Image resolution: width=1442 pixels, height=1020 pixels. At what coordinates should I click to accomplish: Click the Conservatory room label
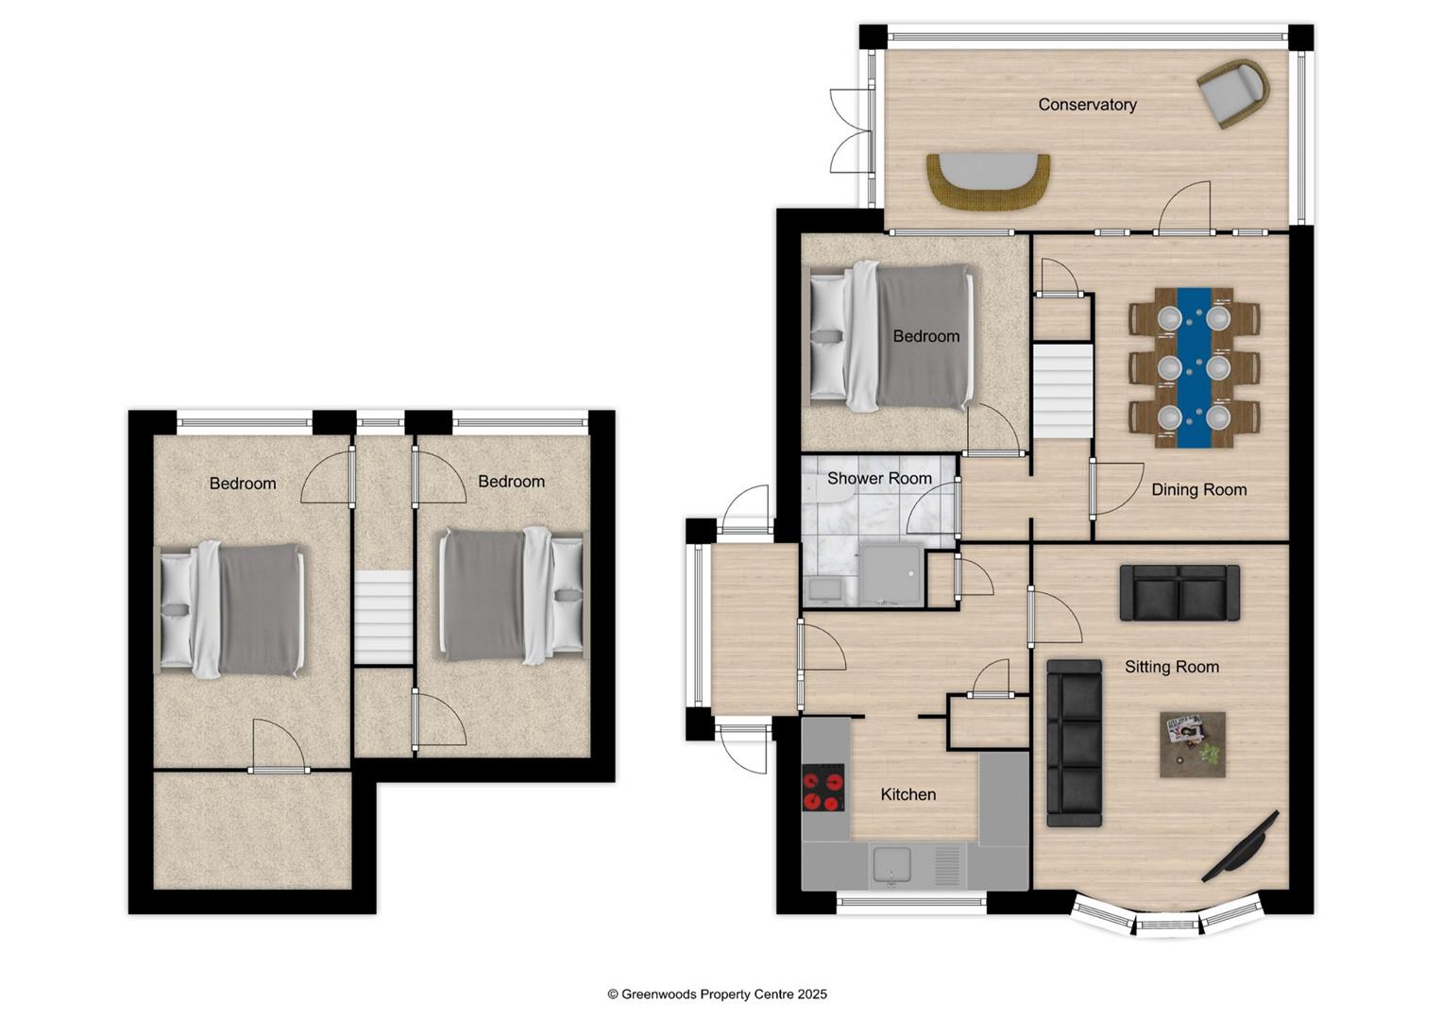coord(1087,105)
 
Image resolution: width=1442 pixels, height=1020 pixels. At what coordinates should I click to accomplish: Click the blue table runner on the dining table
coord(1191,367)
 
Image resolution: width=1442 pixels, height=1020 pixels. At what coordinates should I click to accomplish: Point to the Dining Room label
coord(1198,489)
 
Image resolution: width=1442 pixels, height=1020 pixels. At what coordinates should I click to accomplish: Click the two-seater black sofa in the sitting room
coord(1179,593)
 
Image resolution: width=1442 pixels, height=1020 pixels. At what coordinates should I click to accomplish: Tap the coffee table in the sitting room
coord(1193,744)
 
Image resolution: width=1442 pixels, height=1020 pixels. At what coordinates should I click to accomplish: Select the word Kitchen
coord(908,794)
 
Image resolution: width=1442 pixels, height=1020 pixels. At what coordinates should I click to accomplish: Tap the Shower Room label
coord(879,479)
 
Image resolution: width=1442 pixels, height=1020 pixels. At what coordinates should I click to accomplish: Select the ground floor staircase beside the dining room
coord(1061,391)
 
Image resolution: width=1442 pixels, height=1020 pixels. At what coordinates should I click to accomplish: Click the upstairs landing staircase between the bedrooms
coord(383,618)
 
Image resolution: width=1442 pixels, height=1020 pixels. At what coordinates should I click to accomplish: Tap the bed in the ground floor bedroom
coord(891,337)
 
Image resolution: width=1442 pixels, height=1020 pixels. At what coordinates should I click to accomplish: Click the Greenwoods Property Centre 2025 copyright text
coord(717,994)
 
